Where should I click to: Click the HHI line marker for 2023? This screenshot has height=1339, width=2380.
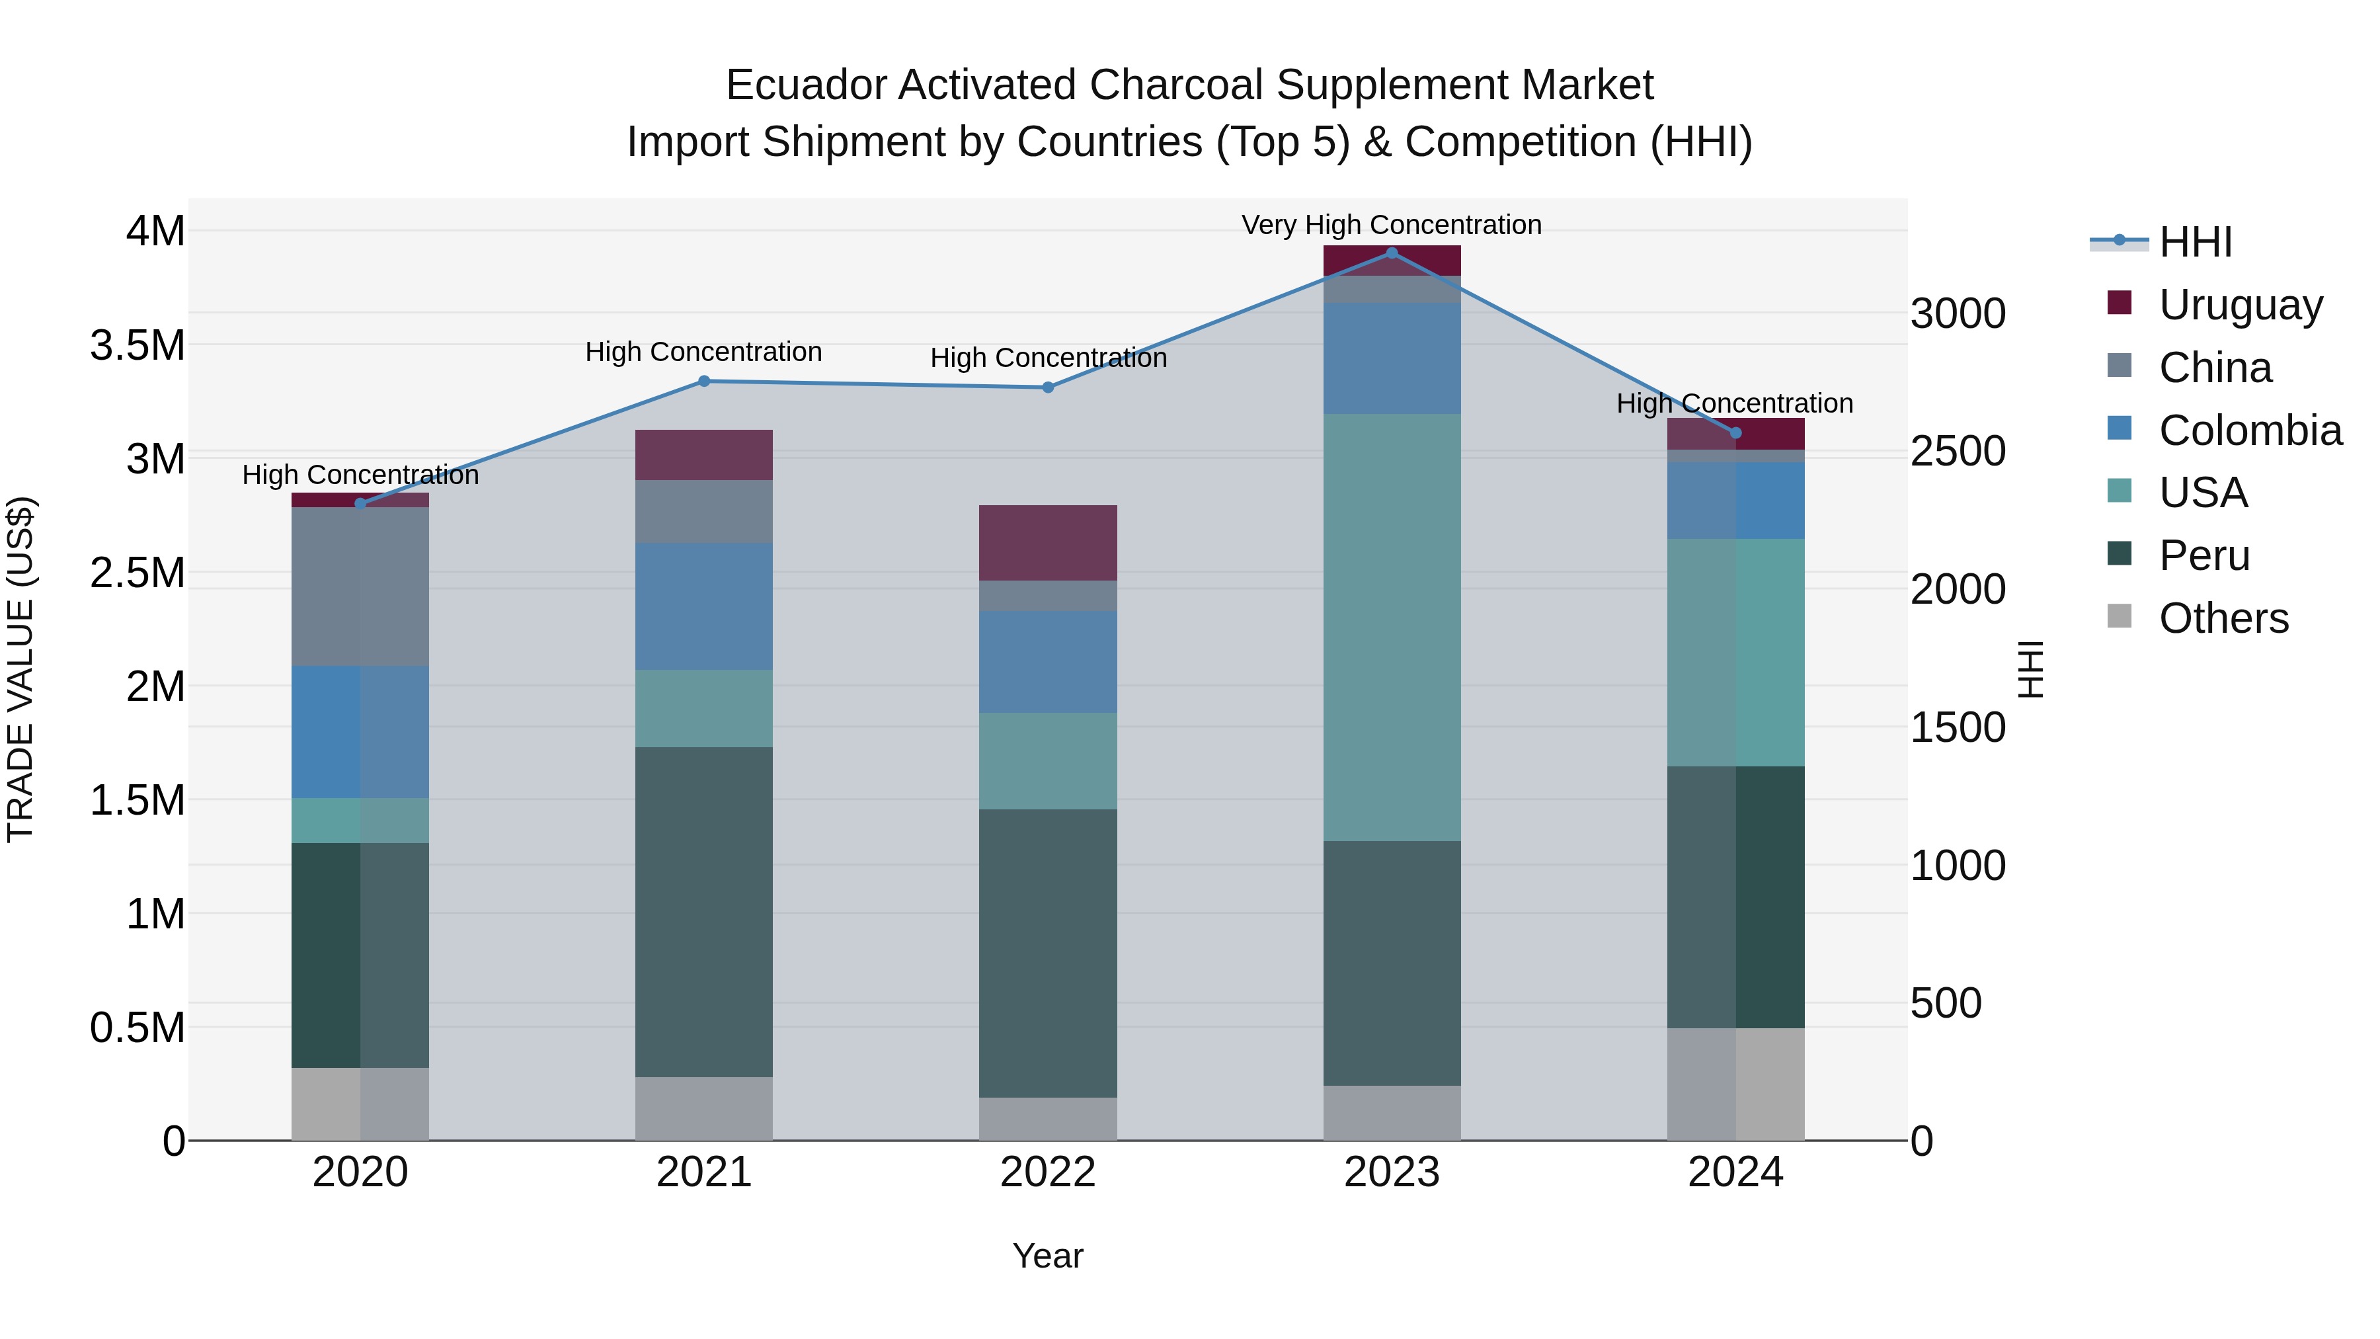1392,253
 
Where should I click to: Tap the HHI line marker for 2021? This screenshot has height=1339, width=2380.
704,381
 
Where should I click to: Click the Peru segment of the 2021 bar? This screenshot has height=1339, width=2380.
704,911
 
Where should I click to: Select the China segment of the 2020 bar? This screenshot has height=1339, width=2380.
360,586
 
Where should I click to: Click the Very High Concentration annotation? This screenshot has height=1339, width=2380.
1392,225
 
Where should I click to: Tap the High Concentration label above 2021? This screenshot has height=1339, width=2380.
704,352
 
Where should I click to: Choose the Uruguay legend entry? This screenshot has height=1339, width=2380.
2240,304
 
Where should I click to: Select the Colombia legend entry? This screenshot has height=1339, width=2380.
2249,430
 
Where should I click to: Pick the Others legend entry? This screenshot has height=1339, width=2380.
2223,618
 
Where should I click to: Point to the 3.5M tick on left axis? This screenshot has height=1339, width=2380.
137,346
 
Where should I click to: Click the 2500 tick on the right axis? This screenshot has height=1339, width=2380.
1958,452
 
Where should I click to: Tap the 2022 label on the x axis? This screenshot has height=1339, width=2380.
1048,1172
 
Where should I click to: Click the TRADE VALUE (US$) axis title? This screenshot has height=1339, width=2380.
21,669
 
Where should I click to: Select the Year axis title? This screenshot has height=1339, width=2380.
1048,1256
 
